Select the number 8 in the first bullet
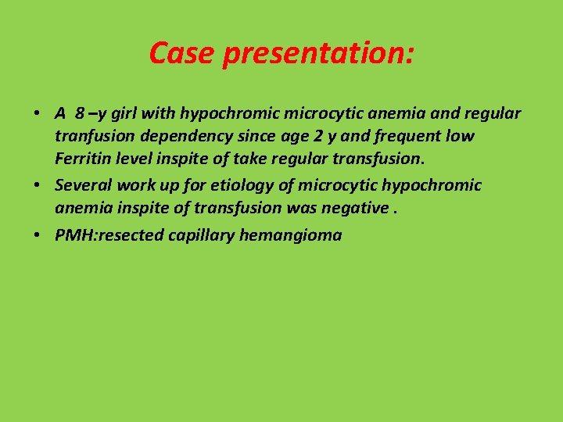(x=80, y=113)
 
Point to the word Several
(x=82, y=185)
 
